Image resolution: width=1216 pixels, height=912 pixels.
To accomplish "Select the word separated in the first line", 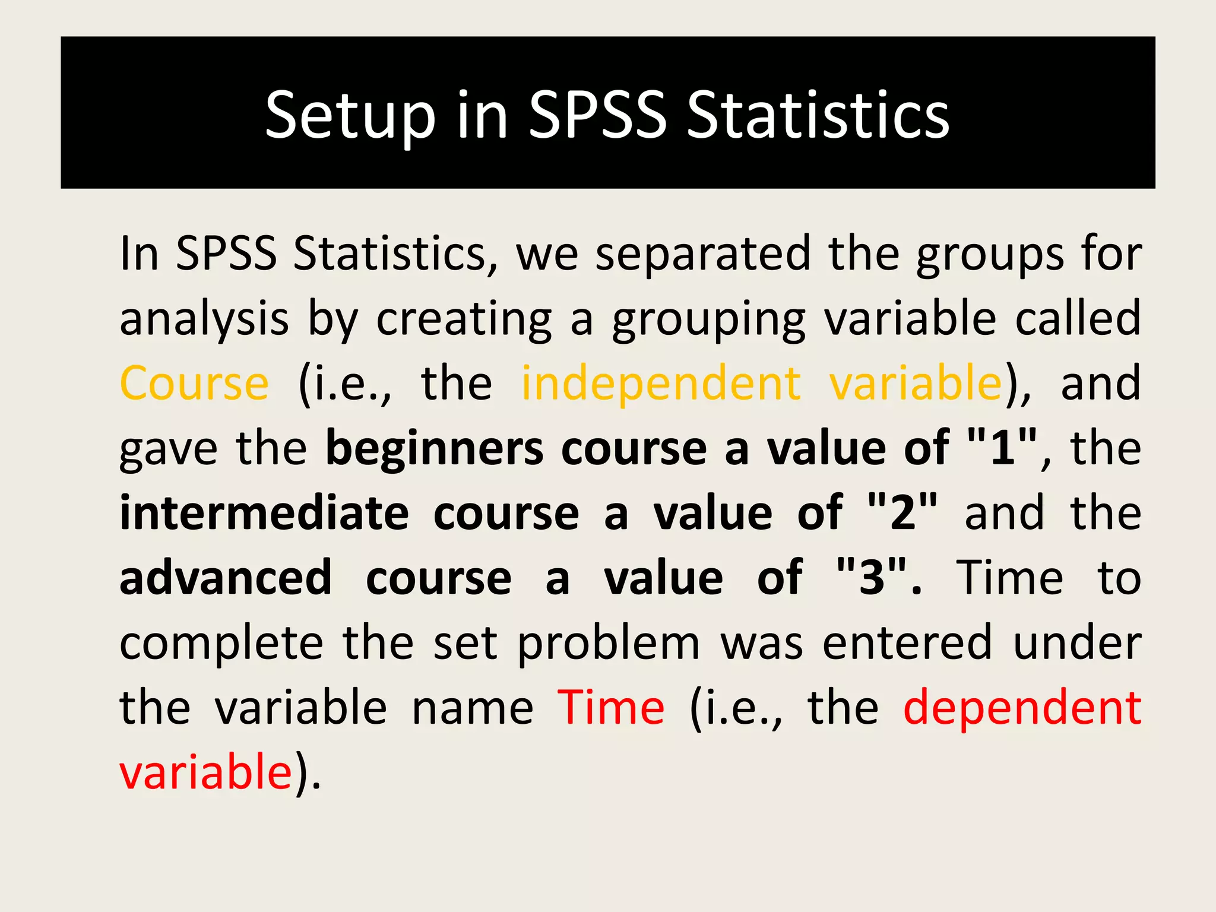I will coord(702,254).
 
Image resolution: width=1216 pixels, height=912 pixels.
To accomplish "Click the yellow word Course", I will coord(195,384).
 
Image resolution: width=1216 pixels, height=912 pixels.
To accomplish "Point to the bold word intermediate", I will coord(264,513).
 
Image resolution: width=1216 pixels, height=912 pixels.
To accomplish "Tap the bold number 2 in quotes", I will coord(902,513).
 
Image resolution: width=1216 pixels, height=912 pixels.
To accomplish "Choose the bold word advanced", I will coord(226,578).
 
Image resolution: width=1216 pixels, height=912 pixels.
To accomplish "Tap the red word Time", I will coord(611,708).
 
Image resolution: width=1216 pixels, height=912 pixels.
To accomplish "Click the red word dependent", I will coord(1022,709).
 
